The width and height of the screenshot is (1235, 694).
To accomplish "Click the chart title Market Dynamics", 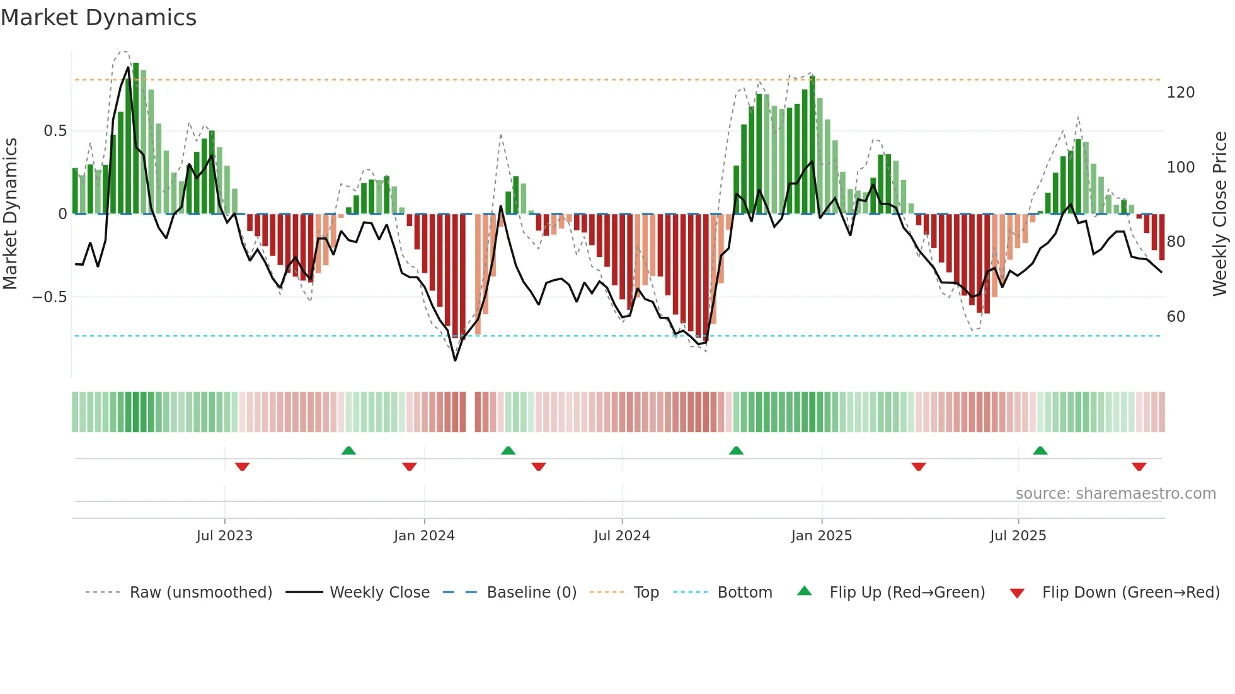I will point(98,18).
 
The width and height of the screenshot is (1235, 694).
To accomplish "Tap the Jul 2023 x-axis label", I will point(224,536).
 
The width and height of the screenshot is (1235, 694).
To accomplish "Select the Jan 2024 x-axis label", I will point(424,536).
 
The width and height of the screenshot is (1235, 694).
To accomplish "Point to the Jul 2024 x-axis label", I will point(622,536).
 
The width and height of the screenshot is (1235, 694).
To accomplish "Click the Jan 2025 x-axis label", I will point(822,536).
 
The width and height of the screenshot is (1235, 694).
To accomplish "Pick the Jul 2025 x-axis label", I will point(1018,536).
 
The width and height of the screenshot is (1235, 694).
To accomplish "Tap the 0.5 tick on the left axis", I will point(55,131).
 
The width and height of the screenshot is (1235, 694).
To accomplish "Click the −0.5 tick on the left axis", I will point(50,297).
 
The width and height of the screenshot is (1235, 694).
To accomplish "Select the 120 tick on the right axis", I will point(1181,93).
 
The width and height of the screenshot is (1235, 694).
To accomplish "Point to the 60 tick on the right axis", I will point(1176,317).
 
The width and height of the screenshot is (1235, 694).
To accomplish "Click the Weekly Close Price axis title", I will point(1221,214).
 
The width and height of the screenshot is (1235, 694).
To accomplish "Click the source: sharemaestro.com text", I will point(1116,494).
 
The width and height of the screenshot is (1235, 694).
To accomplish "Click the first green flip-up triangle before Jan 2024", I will point(348,450).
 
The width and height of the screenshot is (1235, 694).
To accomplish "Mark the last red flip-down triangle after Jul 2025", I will point(1139,467).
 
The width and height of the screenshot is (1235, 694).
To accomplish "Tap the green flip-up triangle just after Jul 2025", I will point(1040,450).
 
